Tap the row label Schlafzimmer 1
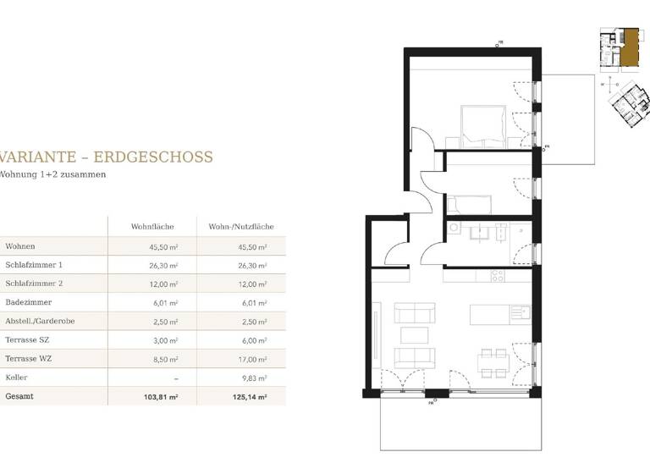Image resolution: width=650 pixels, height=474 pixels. point(34,265)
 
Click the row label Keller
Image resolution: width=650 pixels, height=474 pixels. point(16,377)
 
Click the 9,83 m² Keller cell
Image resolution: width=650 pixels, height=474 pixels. point(255,378)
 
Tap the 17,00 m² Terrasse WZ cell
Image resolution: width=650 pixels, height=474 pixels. point(252,358)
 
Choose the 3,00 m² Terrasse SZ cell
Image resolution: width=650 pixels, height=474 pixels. point(166,339)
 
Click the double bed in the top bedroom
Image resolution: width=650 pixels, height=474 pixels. point(483,125)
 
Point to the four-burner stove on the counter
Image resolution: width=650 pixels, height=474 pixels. point(499,275)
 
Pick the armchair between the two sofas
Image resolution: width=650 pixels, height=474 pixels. point(414,336)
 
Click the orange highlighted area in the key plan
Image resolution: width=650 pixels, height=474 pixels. point(630,46)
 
